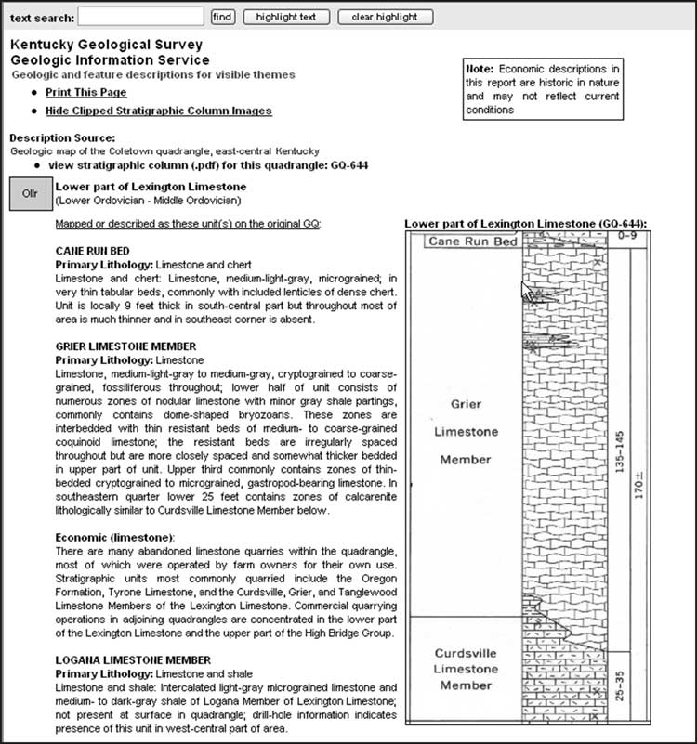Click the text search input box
140,17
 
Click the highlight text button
285,17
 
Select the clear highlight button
385,17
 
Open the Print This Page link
85,93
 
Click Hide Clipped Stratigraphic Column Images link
158,111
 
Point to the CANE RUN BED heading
93,251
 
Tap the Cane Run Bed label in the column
472,242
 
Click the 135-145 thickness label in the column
619,452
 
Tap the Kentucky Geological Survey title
106,45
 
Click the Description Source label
62,137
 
